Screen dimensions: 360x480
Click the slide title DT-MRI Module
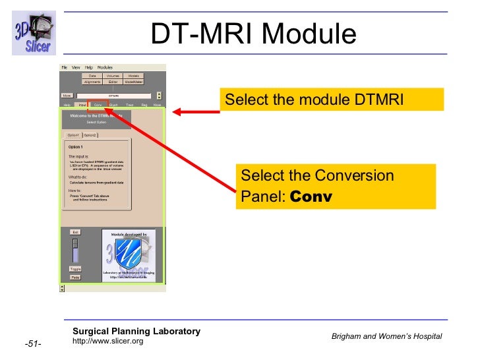254,34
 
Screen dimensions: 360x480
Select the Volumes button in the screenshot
113,76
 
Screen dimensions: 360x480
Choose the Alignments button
92,82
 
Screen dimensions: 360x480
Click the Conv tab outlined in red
98,104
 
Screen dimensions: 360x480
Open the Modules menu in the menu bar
105,67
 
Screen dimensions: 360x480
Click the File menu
65,67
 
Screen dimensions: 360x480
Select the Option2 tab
90,135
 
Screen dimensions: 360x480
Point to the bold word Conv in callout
311,196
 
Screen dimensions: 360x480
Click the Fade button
75,278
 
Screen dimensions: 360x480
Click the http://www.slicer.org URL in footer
107,341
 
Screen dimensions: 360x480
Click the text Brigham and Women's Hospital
387,337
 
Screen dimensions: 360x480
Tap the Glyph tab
113,104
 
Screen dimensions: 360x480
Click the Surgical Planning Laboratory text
136,331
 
